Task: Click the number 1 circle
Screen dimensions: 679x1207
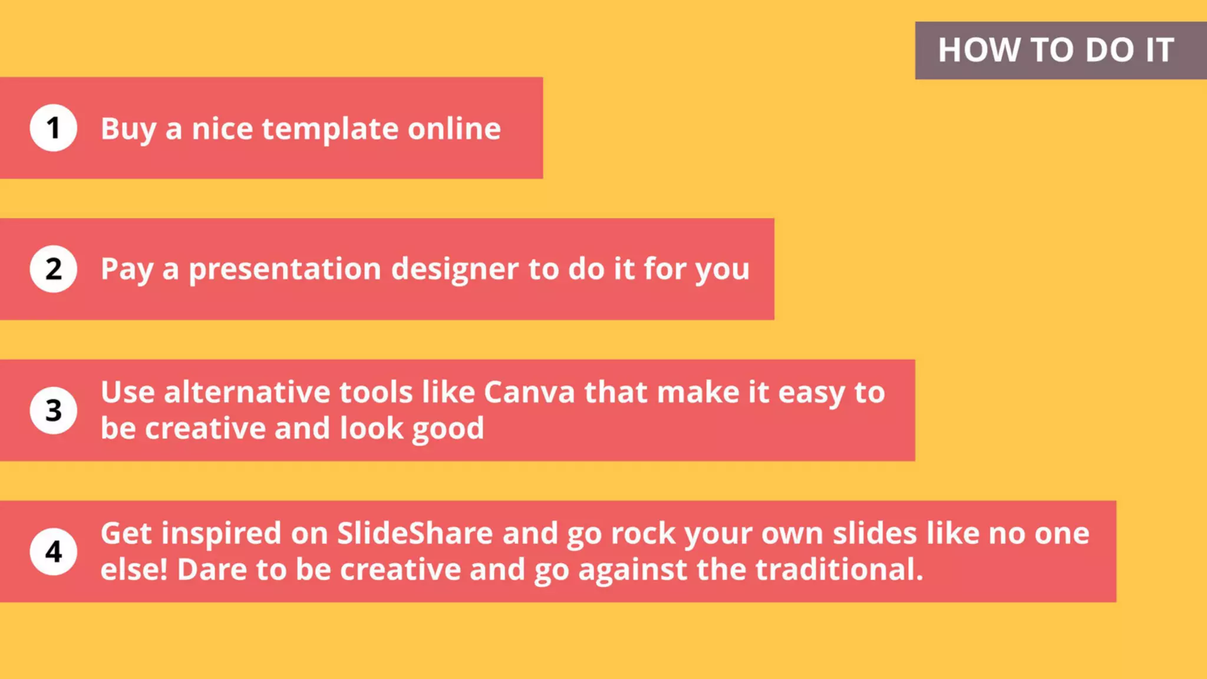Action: click(x=53, y=128)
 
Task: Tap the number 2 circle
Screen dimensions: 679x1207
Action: click(x=53, y=269)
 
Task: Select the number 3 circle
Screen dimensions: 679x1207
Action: click(x=53, y=410)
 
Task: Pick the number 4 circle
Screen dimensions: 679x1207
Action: click(x=53, y=552)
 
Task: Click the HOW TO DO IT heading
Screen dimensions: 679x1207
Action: click(x=1056, y=50)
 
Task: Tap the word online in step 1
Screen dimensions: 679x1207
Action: click(x=454, y=128)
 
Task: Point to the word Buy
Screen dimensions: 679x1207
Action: click(x=128, y=130)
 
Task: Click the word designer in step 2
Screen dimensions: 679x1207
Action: click(x=454, y=270)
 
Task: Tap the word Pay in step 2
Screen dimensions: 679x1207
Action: click(x=127, y=270)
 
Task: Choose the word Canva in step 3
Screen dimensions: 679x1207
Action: click(x=529, y=393)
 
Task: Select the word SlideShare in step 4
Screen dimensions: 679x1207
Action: click(x=414, y=533)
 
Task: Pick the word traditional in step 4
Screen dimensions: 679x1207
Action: click(x=839, y=570)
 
